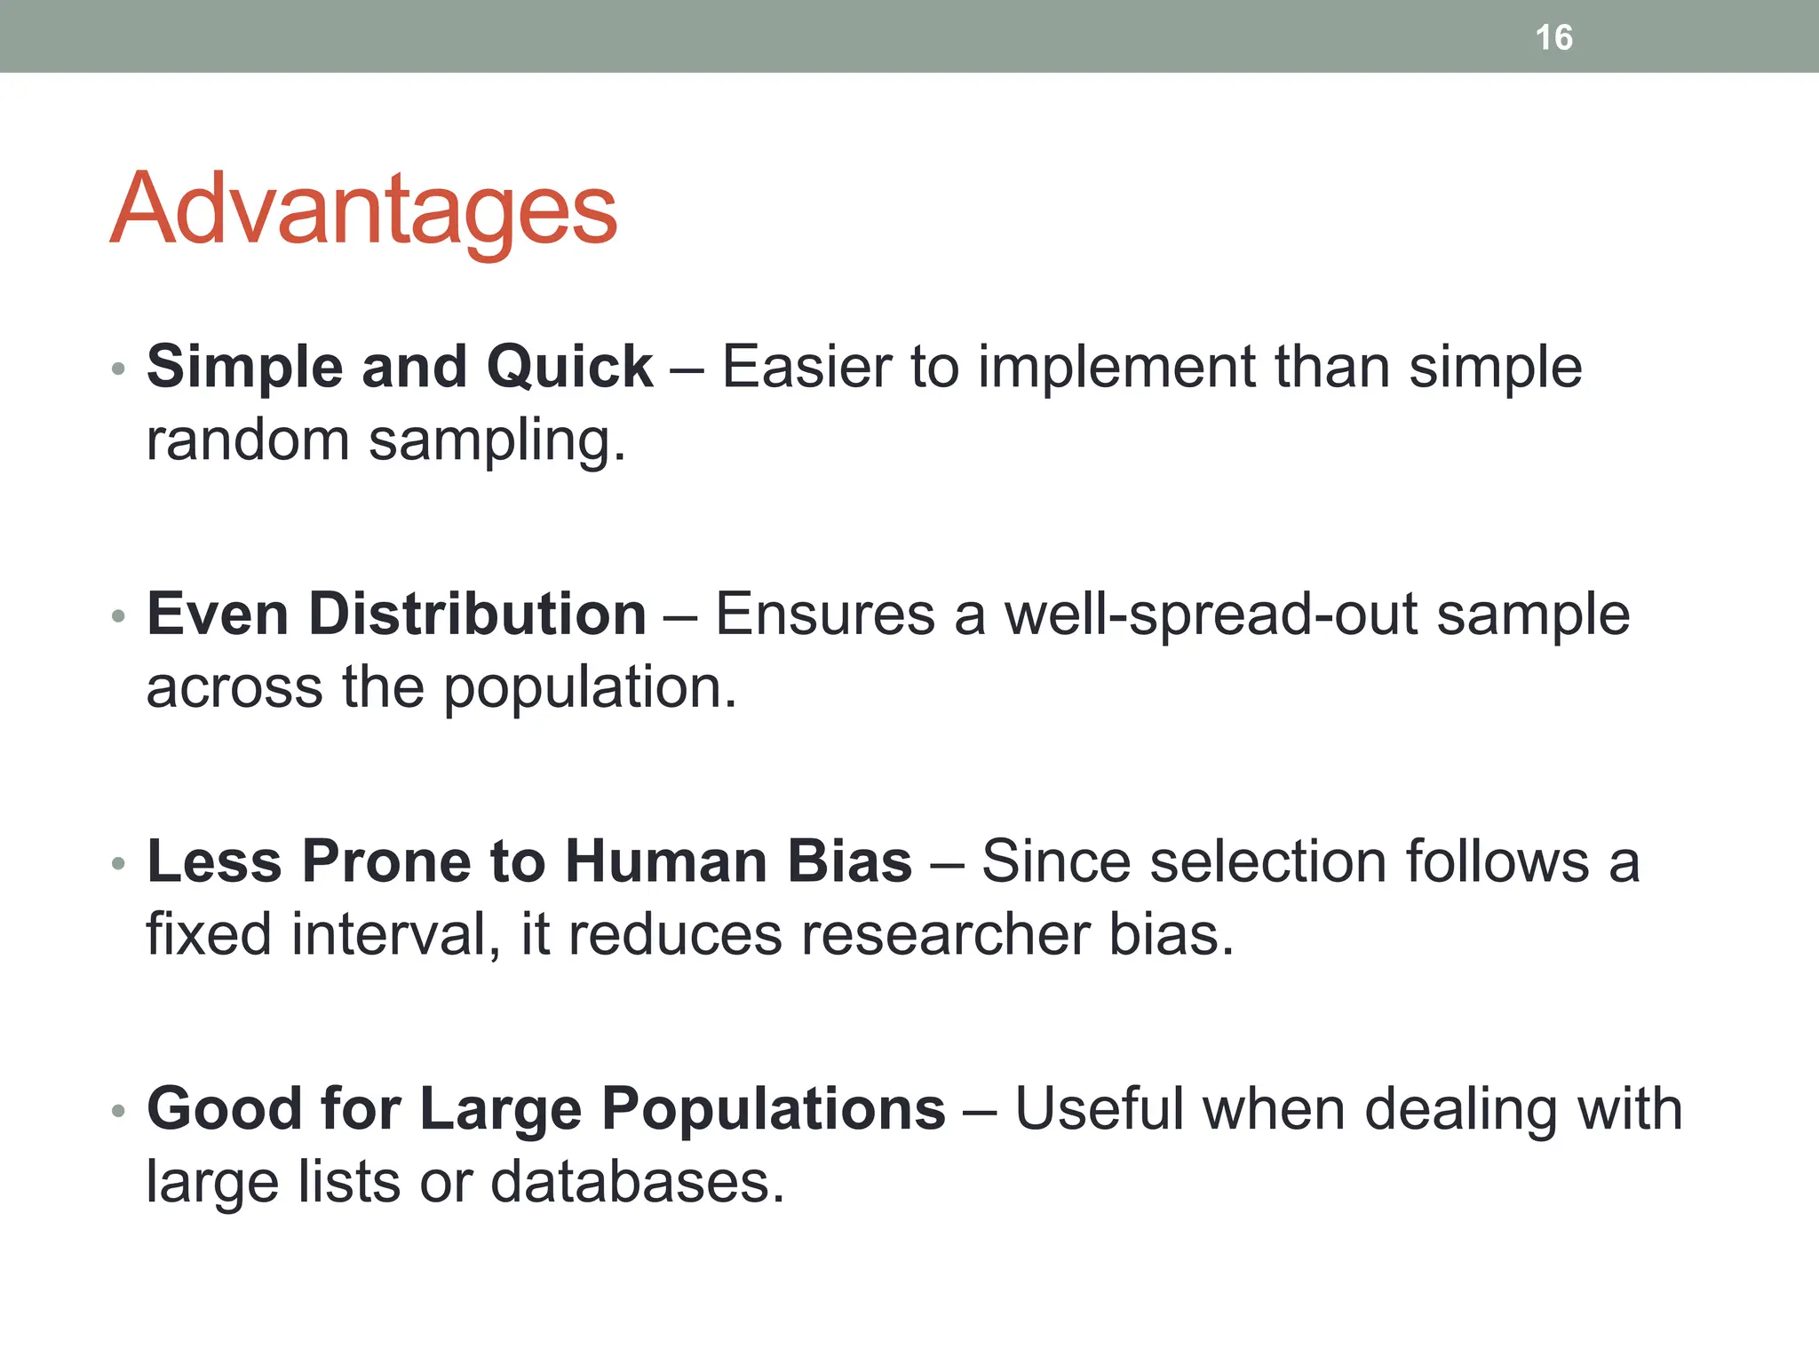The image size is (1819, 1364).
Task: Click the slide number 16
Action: (x=1553, y=38)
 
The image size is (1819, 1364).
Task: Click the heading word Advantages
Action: (x=363, y=210)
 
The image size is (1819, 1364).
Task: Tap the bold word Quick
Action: (x=569, y=367)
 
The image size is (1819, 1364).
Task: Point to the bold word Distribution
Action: (x=477, y=614)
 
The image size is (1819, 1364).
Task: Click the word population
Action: (x=590, y=688)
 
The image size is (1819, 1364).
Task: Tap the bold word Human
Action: (x=665, y=861)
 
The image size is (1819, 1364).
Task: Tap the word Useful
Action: (x=1100, y=1109)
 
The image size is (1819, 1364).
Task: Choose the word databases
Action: (x=637, y=1183)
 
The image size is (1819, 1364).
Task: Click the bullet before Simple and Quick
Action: (x=118, y=369)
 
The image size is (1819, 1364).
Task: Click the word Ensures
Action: (x=825, y=615)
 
